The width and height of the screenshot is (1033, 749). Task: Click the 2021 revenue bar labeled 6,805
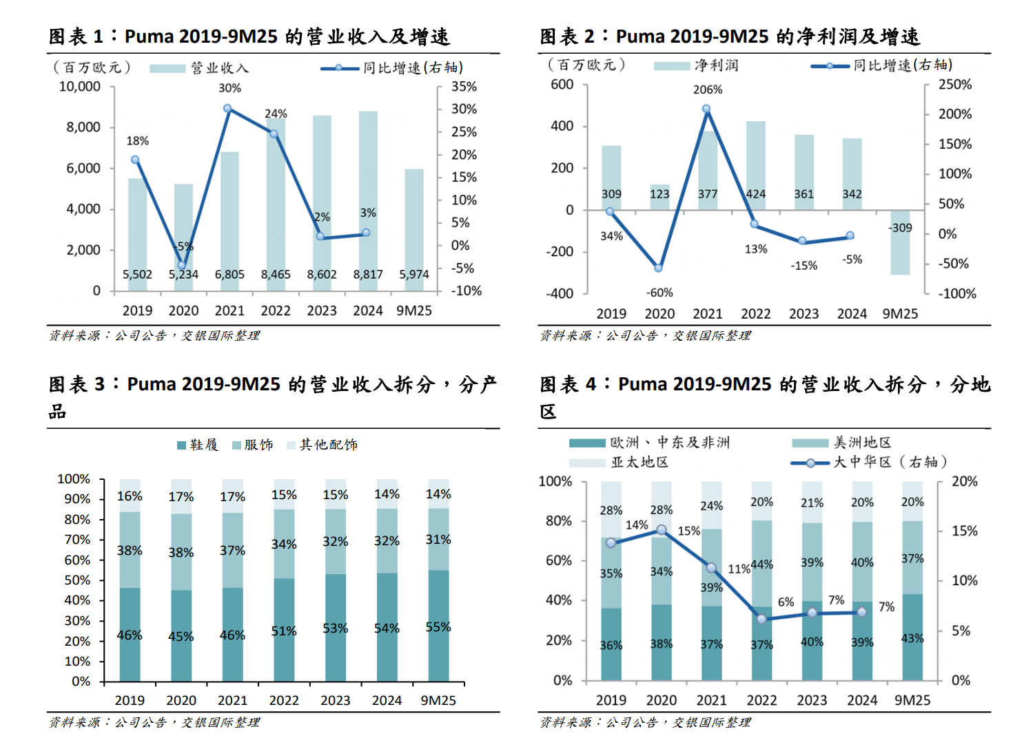tap(229, 220)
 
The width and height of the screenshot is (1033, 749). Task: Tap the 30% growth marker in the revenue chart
tap(227, 109)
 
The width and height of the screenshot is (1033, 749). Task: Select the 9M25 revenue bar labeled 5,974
tap(414, 227)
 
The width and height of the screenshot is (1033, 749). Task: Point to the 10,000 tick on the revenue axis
tap(80, 87)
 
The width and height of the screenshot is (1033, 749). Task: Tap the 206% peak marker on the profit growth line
tap(706, 109)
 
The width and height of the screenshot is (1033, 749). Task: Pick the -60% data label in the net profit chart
tap(659, 293)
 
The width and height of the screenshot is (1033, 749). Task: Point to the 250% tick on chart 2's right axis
tap(955, 85)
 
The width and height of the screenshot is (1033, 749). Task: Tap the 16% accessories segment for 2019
tap(130, 496)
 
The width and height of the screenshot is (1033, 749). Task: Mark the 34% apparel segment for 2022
tap(284, 544)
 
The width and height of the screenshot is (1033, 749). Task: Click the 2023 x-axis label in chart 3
tap(336, 700)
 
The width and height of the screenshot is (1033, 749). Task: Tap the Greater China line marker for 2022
tap(761, 619)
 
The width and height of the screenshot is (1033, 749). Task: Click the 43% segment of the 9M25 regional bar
tap(912, 637)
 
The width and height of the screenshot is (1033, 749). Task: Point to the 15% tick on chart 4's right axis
tap(964, 531)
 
